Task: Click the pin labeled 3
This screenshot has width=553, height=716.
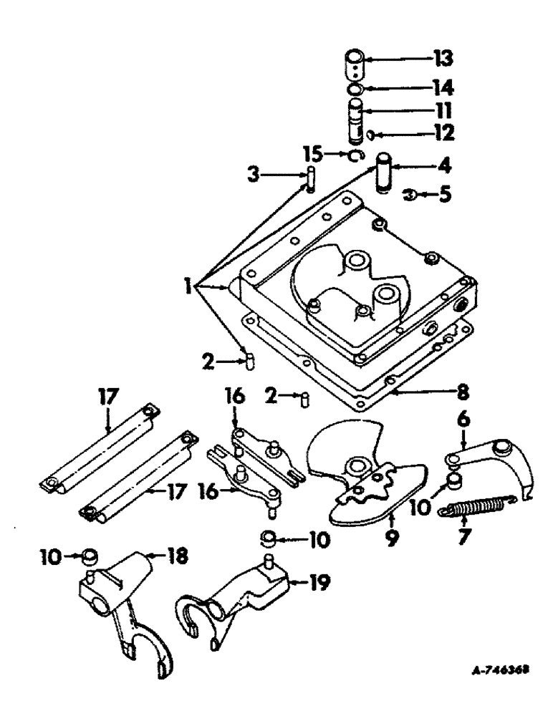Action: pyautogui.click(x=310, y=178)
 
